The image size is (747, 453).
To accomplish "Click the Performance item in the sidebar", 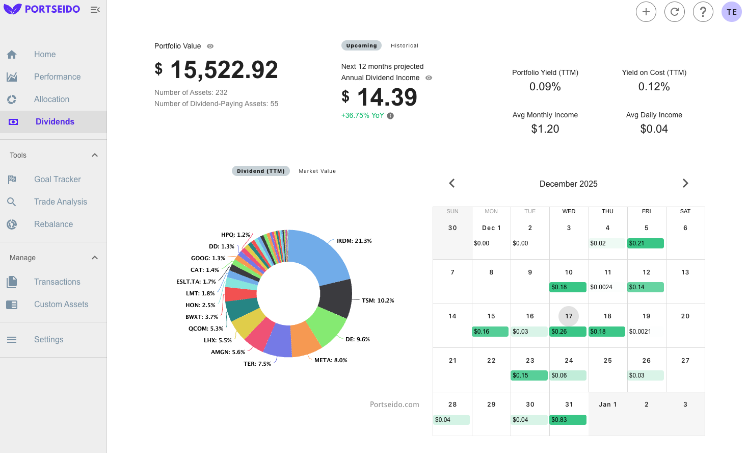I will pyautogui.click(x=57, y=77).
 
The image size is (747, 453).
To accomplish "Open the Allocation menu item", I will pyautogui.click(x=51, y=99).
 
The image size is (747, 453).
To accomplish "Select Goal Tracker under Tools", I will pyautogui.click(x=57, y=179).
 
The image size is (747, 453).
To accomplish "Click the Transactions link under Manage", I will pyautogui.click(x=57, y=282).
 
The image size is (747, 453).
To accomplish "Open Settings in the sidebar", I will pyautogui.click(x=48, y=339).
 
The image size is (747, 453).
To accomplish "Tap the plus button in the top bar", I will pyautogui.click(x=646, y=12).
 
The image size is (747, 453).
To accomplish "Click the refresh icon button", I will pyautogui.click(x=674, y=12).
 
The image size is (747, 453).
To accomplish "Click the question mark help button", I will pyautogui.click(x=703, y=12).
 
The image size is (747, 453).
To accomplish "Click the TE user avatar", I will pyautogui.click(x=731, y=12).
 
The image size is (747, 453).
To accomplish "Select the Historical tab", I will pyautogui.click(x=404, y=45).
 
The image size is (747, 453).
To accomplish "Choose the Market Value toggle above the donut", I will pyautogui.click(x=317, y=171).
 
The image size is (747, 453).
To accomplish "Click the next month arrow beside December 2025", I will pyautogui.click(x=685, y=183).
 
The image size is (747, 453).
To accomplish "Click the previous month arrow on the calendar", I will pyautogui.click(x=451, y=183).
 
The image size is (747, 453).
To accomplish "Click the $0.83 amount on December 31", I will pyautogui.click(x=568, y=420).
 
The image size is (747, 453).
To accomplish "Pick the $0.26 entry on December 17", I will pyautogui.click(x=568, y=332).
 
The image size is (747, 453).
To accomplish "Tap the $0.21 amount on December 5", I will pyautogui.click(x=646, y=243).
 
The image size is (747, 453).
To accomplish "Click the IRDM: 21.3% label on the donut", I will pyautogui.click(x=354, y=241).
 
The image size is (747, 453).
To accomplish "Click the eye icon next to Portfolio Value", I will pyautogui.click(x=210, y=46).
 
